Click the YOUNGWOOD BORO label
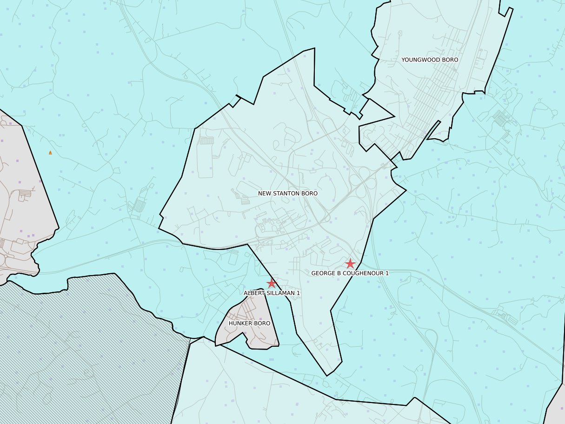[x=430, y=60]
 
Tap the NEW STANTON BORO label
[x=288, y=193]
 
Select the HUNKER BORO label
[x=249, y=323]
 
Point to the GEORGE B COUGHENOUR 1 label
[x=350, y=273]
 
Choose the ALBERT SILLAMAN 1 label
[x=272, y=293]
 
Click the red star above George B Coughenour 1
[x=350, y=263]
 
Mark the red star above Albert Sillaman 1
[x=272, y=283]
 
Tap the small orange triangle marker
[x=50, y=153]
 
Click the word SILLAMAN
[x=280, y=293]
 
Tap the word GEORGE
[x=322, y=273]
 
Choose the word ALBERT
[x=253, y=293]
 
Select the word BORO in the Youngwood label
[x=450, y=60]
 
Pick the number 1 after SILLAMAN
[x=299, y=293]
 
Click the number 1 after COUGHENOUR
[x=386, y=273]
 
